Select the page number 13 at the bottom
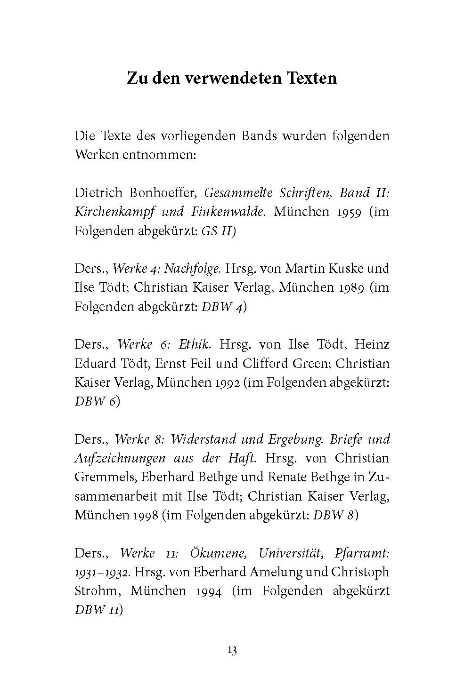click(232, 650)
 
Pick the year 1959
click(345, 212)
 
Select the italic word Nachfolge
click(195, 269)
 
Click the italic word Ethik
click(194, 344)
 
